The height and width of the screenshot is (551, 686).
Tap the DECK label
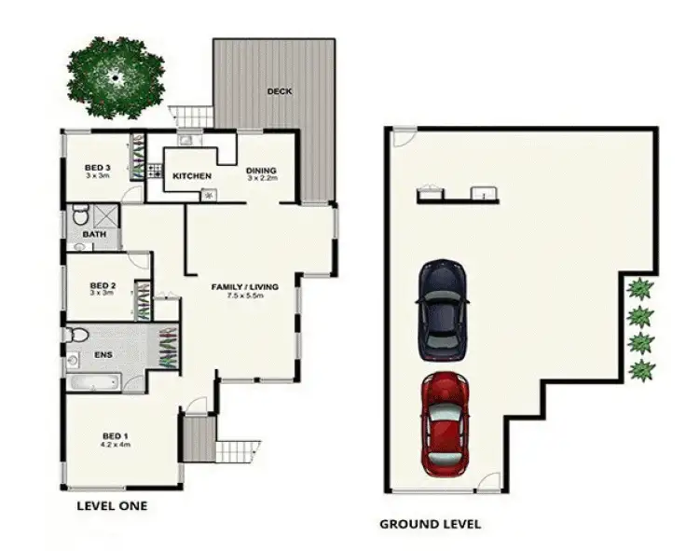tap(280, 91)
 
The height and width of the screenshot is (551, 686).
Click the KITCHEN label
tap(192, 176)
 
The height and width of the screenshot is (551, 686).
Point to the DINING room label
tap(262, 171)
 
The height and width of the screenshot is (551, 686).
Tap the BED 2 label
tap(102, 285)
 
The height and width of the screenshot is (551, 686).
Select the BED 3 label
tap(98, 168)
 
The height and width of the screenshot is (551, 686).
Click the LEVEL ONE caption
tap(111, 506)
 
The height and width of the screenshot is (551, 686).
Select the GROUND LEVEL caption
tap(430, 524)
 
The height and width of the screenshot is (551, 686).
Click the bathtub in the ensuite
tap(93, 382)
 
